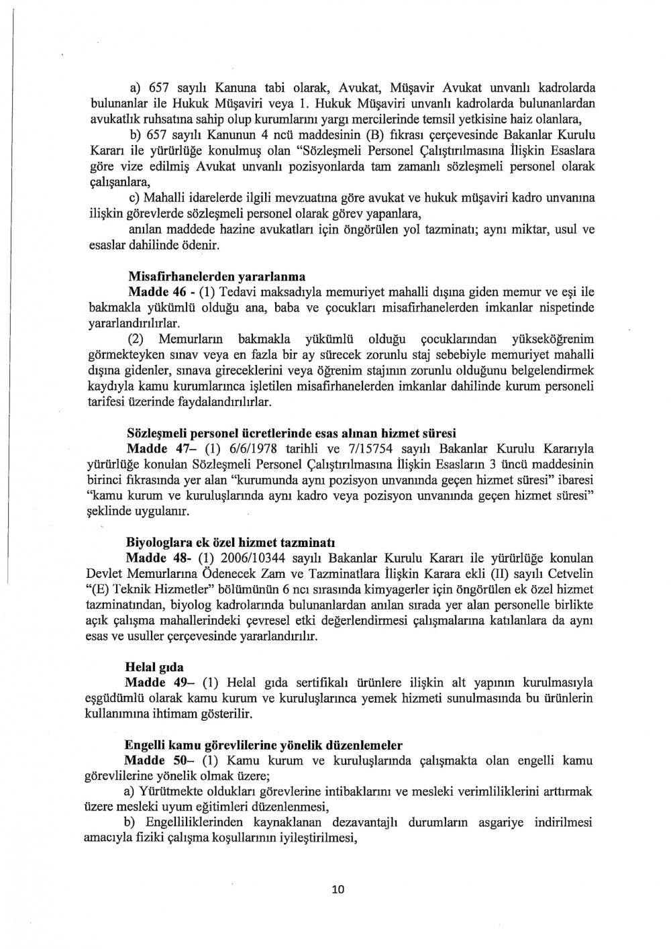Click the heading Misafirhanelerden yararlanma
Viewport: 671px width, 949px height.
point(216,275)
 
